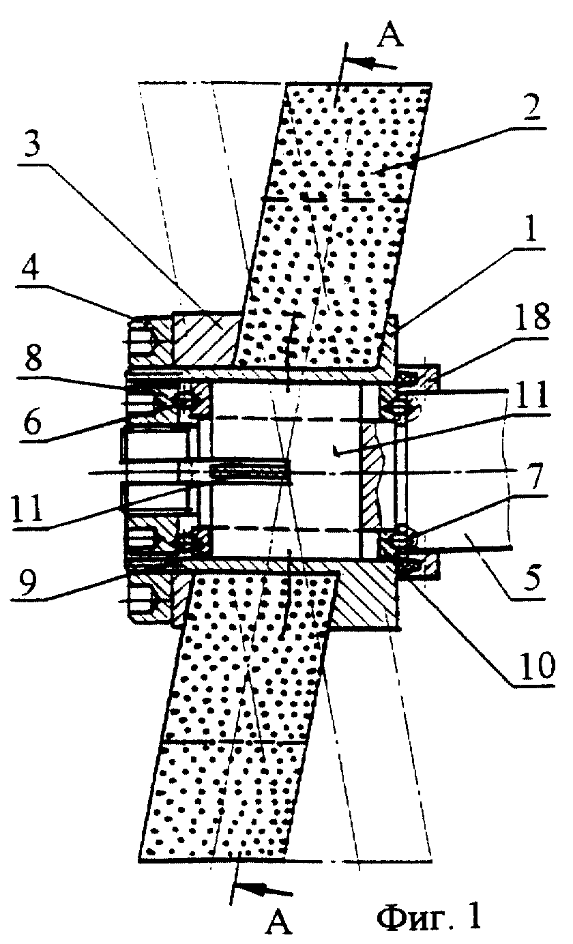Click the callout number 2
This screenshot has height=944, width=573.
(527, 109)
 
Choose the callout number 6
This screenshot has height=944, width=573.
(33, 421)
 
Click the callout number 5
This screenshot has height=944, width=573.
(531, 578)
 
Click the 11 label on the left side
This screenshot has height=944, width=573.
(28, 508)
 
